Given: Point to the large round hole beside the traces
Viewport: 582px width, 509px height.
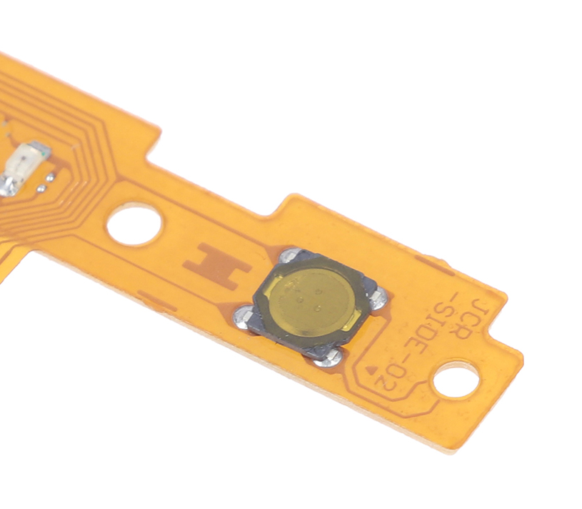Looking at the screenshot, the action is (134, 224).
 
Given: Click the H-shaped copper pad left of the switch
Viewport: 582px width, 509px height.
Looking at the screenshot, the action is (217, 265).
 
